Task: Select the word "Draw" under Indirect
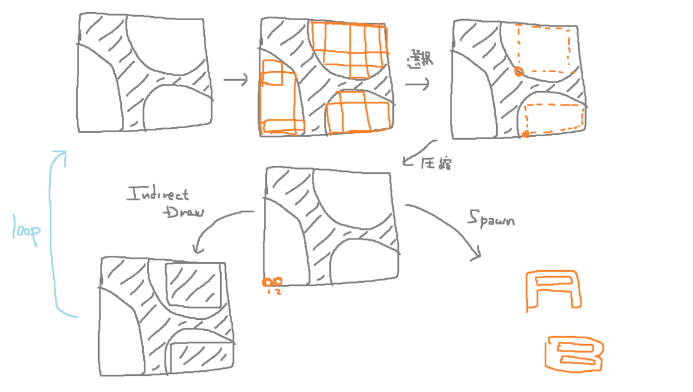click(184, 213)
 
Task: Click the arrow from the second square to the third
click(417, 84)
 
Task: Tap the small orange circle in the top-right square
click(518, 71)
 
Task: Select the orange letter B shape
click(574, 352)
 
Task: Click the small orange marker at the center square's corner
click(272, 282)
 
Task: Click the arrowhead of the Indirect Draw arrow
click(196, 249)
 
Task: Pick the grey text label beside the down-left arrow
click(437, 164)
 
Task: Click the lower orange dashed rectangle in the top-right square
click(553, 118)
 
